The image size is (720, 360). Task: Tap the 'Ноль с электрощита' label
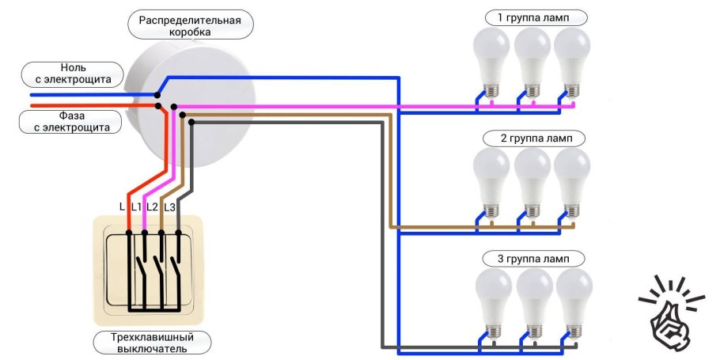pyautogui.click(x=73, y=74)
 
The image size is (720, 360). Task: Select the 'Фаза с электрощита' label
pyautogui.click(x=73, y=120)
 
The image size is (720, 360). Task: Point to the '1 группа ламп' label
pyautogui.click(x=531, y=17)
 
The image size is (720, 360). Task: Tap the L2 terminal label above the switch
pyautogui.click(x=152, y=207)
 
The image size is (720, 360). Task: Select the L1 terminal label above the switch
pyautogui.click(x=136, y=207)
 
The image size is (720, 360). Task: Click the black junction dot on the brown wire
pyautogui.click(x=183, y=115)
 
